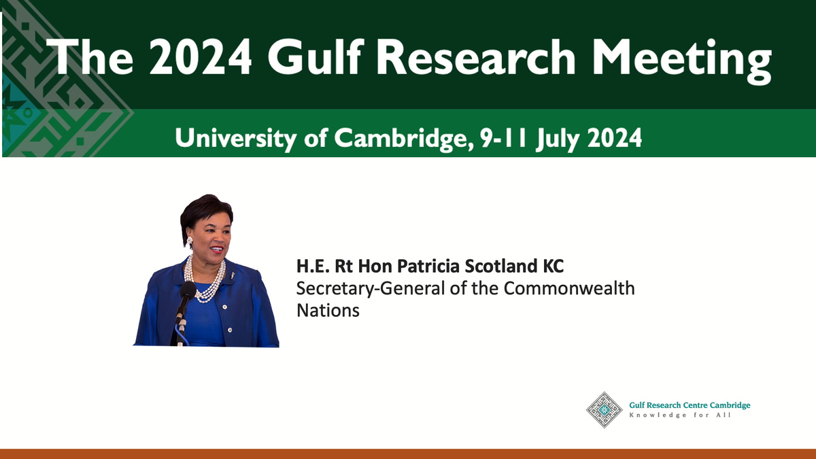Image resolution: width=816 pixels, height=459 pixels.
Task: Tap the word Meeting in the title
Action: click(x=681, y=61)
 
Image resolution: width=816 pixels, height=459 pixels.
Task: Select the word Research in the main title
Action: click(x=475, y=57)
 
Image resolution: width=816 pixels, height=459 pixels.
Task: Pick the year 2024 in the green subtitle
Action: click(x=615, y=137)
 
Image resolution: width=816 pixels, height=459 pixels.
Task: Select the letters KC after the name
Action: click(x=554, y=266)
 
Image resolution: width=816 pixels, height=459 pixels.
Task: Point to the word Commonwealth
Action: click(x=569, y=288)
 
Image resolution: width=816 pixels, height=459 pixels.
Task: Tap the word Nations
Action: click(x=328, y=311)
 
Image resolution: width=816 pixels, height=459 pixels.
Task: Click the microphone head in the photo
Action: click(x=188, y=290)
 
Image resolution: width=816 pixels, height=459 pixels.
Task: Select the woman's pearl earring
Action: click(x=190, y=241)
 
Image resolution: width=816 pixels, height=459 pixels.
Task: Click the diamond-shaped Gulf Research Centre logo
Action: click(x=604, y=410)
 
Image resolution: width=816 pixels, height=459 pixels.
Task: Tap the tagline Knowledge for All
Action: click(x=680, y=415)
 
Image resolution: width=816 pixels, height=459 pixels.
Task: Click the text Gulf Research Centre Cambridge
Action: click(x=690, y=405)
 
